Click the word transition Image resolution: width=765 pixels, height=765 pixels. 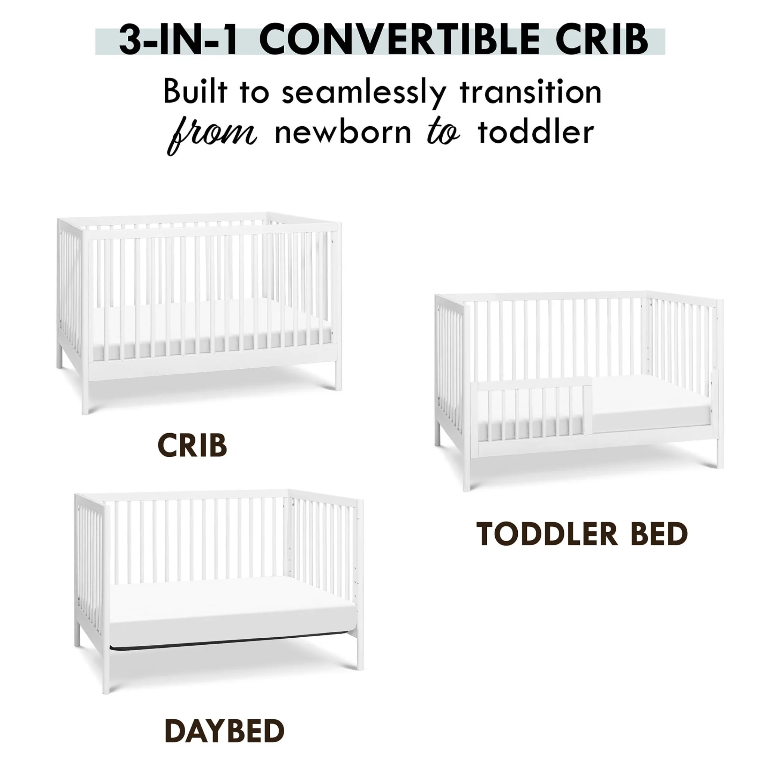(530, 92)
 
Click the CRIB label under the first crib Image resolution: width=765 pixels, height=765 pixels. (192, 446)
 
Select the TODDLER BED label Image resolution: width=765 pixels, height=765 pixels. (582, 535)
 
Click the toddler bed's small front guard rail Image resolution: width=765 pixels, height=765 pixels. (535, 409)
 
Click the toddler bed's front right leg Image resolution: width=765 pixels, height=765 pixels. (719, 384)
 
